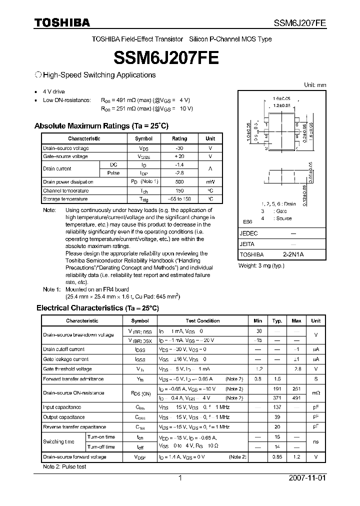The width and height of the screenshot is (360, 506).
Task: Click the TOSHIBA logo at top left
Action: pos(62,23)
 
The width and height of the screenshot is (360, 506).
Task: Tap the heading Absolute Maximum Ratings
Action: pos(101,126)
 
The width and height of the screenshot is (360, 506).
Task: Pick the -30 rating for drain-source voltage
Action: pos(179,148)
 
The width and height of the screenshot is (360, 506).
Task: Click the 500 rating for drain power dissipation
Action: pos(179,182)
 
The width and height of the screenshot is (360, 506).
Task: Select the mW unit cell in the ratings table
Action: pos(210,182)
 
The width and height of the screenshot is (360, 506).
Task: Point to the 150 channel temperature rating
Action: pos(179,190)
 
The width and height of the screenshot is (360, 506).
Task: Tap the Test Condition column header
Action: pos(202,321)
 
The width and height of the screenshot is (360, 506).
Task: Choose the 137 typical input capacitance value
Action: pos(277,407)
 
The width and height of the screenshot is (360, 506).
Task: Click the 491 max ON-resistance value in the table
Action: pos(296,398)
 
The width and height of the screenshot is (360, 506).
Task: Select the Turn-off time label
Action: pos(101,447)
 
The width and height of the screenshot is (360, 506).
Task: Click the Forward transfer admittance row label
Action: pos(73,379)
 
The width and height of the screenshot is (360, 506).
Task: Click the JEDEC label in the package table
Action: pos(249,233)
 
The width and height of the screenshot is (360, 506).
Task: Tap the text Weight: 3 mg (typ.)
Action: pos(261,265)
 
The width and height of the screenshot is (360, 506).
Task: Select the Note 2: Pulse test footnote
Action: pos(64,466)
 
